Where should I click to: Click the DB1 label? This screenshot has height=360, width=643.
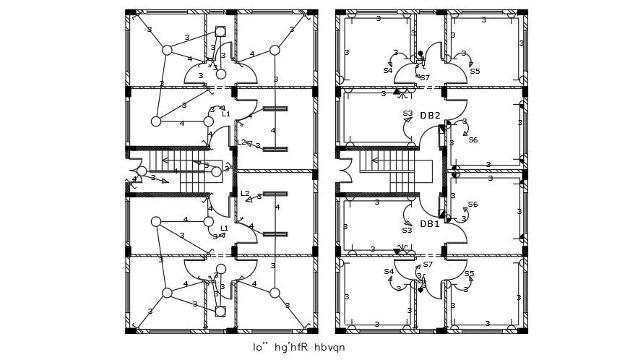tap(430, 224)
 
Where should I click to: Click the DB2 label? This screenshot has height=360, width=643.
tap(431, 116)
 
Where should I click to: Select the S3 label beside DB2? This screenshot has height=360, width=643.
tap(407, 113)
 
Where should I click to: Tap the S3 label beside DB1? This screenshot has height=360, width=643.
tap(407, 230)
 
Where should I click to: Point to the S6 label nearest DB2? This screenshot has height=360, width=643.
tap(472, 140)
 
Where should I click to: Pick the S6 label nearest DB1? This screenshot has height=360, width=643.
tap(472, 205)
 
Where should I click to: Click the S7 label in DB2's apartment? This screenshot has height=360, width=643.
tap(425, 77)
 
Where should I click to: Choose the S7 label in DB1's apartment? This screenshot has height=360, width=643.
tap(428, 265)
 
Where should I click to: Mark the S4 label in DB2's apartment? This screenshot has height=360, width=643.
tap(388, 71)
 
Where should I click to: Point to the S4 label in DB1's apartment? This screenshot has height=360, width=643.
tap(389, 272)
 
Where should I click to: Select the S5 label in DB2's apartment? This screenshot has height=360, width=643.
tap(475, 72)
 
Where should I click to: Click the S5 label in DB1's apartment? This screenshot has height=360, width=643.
tap(470, 274)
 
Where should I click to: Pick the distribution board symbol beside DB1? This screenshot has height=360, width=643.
tap(442, 210)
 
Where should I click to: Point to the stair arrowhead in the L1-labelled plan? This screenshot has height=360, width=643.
tap(165, 160)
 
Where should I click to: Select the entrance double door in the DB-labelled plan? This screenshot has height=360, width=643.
tap(345, 172)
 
